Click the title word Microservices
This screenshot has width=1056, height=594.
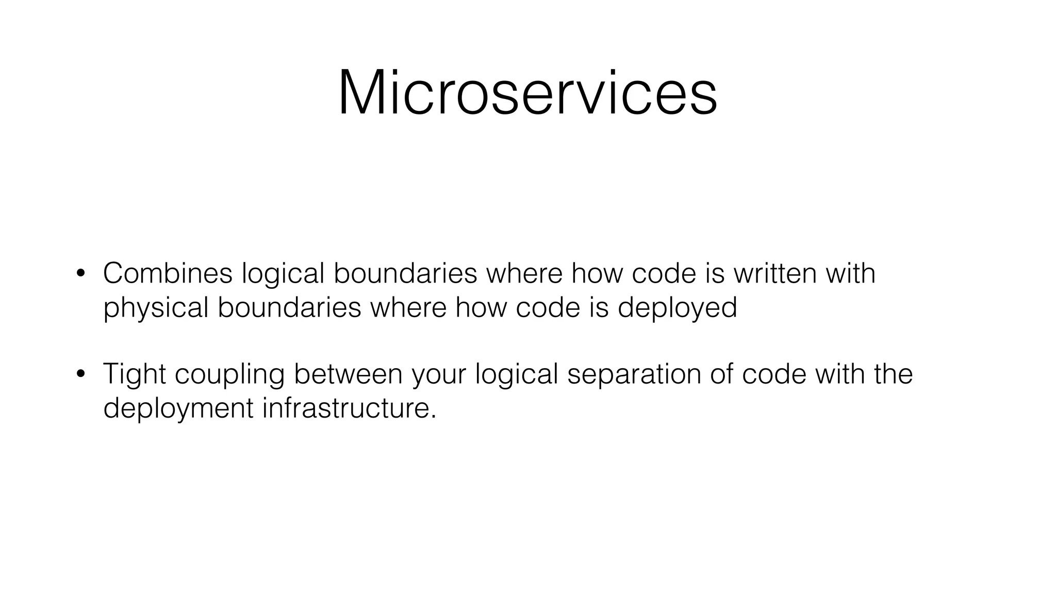click(527, 93)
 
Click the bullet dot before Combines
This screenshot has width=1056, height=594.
click(80, 274)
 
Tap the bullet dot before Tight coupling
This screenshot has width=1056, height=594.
click(80, 375)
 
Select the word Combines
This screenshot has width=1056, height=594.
click(168, 273)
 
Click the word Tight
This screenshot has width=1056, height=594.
click(134, 374)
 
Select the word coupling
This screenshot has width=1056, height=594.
click(229, 374)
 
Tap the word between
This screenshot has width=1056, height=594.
click(348, 374)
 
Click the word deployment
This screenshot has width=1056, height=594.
click(178, 408)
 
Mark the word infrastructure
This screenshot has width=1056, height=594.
click(345, 408)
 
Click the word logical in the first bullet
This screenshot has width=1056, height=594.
click(283, 273)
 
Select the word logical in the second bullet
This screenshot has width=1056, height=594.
click(516, 374)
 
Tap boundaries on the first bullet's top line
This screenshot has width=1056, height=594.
click(405, 273)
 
